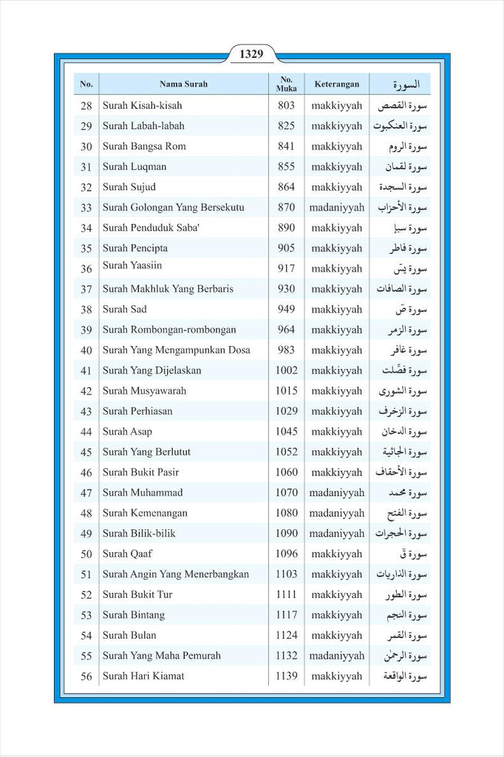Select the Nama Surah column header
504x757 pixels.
183,84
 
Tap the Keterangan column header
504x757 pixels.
336,84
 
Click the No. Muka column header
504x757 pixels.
286,84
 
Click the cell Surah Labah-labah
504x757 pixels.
143,126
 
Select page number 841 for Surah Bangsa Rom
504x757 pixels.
286,146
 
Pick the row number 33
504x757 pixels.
86,208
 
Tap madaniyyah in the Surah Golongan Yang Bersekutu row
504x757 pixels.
336,208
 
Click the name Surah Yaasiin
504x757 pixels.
132,265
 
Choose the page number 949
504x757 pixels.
286,310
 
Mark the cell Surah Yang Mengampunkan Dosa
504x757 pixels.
176,350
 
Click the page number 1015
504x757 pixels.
286,391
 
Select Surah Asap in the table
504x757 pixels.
127,432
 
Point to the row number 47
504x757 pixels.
86,493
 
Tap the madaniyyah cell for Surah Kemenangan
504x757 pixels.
336,513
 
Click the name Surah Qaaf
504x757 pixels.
128,554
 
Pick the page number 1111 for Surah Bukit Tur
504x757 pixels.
286,594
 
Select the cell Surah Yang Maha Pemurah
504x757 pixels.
161,656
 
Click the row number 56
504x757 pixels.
86,676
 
